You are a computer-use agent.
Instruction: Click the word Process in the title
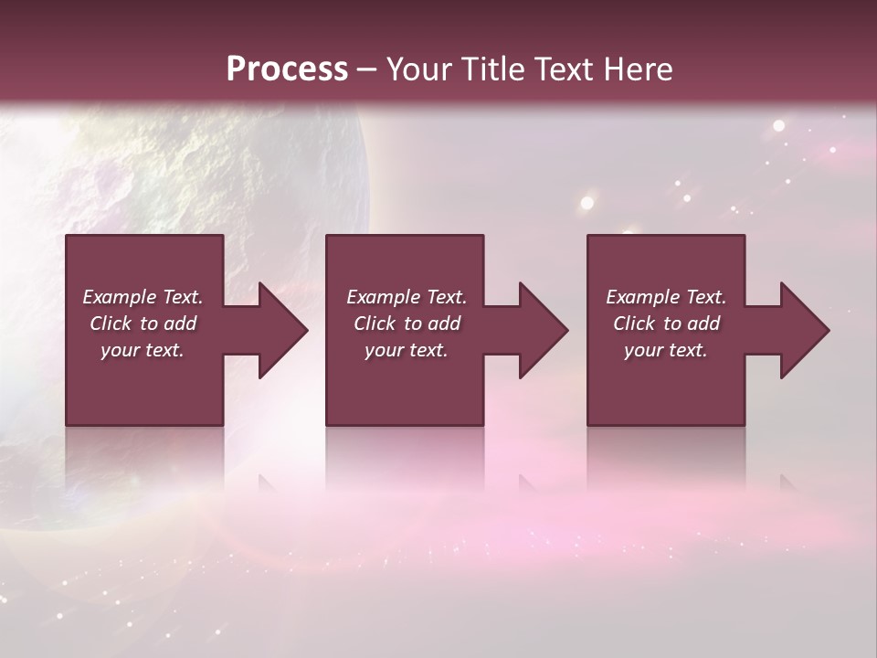(x=287, y=69)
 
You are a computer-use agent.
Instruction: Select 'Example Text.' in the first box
(x=143, y=297)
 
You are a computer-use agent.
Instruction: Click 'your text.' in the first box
(x=143, y=350)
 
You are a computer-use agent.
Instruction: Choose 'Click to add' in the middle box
(x=407, y=324)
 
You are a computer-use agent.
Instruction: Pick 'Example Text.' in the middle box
(x=407, y=297)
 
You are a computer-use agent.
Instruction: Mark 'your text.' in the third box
(x=666, y=350)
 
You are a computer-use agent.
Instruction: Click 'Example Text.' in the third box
(x=666, y=297)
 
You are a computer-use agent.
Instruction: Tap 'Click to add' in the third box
(x=666, y=324)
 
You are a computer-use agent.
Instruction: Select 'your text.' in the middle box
(x=407, y=350)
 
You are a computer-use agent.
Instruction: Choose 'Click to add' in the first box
(x=143, y=324)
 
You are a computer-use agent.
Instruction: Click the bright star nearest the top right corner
(x=778, y=126)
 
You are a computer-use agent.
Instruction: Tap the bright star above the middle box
(x=587, y=203)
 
